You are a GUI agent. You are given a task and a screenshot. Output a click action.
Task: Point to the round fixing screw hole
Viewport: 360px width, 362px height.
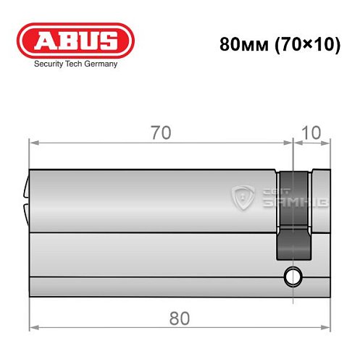[293, 276]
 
